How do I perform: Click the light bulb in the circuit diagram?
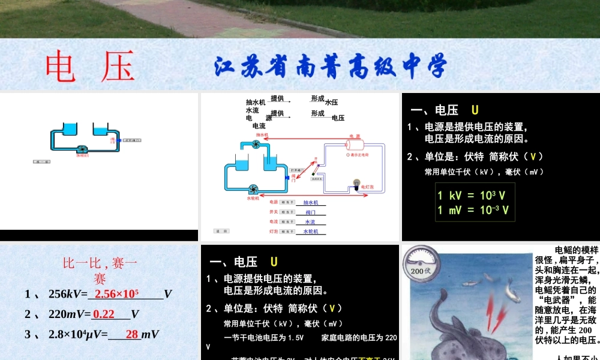[x=356, y=184]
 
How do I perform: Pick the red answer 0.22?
[x=104, y=314]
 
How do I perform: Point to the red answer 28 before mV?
[x=132, y=334]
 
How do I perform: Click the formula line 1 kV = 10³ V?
[x=471, y=195]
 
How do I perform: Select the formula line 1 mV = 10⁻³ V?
[x=473, y=210]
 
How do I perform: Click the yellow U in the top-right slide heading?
[x=475, y=110]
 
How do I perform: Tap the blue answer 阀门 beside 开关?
[x=310, y=212]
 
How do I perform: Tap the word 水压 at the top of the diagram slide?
[x=331, y=103]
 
